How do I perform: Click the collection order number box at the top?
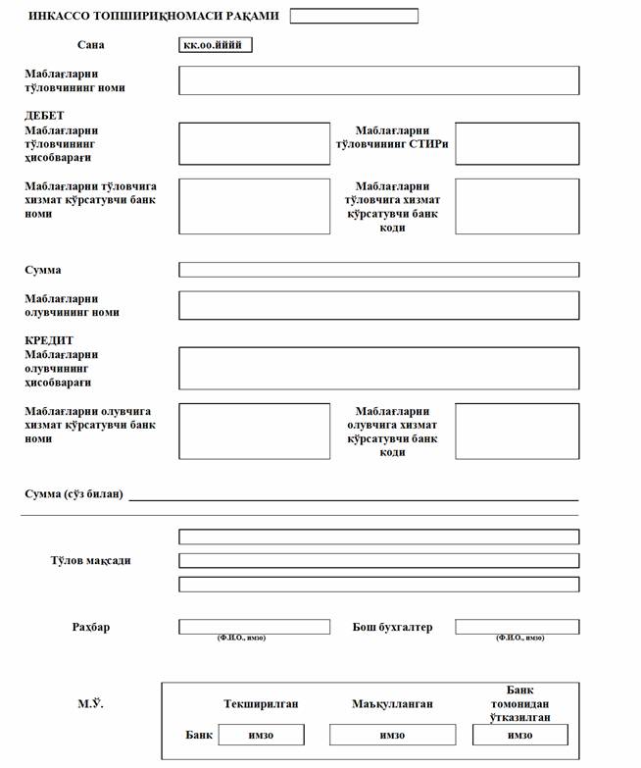click(x=354, y=16)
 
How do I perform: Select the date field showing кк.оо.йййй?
click(x=217, y=45)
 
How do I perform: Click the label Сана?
click(x=90, y=45)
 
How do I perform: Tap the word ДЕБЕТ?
click(x=44, y=116)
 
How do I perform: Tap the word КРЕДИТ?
click(x=49, y=340)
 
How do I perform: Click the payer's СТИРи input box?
click(x=517, y=144)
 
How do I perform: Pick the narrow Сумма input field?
click(x=378, y=270)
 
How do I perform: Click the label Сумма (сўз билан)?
click(x=74, y=493)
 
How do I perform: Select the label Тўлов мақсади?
click(x=90, y=561)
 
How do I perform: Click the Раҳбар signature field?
click(x=254, y=627)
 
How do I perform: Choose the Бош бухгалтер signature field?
click(x=517, y=627)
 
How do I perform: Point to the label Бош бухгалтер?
click(x=392, y=627)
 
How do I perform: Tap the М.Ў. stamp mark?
click(x=90, y=704)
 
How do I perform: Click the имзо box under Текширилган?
click(x=261, y=735)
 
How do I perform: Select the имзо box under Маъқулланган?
click(x=392, y=735)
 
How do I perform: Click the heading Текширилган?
click(x=261, y=704)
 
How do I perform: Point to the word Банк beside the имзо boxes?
click(x=199, y=735)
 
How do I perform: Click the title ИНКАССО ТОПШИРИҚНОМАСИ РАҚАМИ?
click(x=154, y=17)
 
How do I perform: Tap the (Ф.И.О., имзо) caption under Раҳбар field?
click(x=241, y=639)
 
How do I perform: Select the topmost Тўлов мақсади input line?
click(x=378, y=537)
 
